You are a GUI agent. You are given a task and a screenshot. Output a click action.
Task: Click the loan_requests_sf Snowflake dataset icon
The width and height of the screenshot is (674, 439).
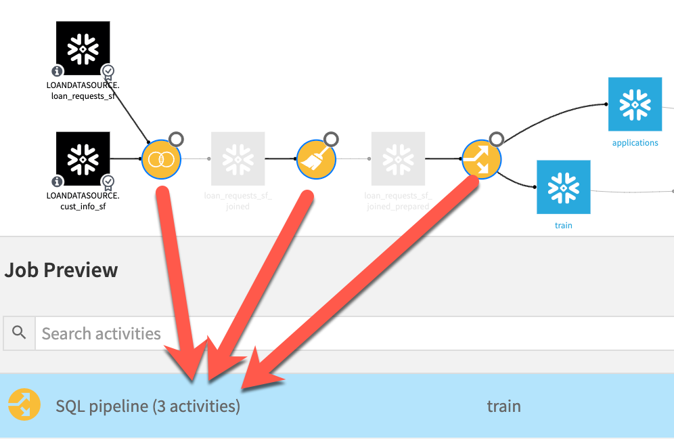[x=83, y=48]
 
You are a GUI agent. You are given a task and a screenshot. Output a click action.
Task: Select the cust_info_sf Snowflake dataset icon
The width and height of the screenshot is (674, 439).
[x=83, y=159]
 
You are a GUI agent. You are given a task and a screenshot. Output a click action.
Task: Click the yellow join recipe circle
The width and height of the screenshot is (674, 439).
[x=161, y=159]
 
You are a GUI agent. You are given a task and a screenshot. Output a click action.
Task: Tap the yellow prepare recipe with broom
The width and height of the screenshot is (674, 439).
[x=316, y=159]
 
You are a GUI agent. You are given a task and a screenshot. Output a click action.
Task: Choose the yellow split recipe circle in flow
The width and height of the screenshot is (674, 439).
[x=481, y=160]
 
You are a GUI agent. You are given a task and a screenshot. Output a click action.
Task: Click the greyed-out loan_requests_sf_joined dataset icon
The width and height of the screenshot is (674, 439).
[x=238, y=159]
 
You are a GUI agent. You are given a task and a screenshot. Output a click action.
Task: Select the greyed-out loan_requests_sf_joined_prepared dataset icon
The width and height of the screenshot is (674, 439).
[x=398, y=159]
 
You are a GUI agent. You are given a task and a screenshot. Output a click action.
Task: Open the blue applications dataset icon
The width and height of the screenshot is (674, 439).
[x=635, y=104]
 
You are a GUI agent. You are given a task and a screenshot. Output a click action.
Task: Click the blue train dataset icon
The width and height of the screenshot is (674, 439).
[x=563, y=187]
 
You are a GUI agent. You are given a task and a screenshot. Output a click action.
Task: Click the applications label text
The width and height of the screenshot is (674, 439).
[x=635, y=143]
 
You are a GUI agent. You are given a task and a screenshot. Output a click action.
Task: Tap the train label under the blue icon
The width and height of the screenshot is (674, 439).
[x=563, y=225]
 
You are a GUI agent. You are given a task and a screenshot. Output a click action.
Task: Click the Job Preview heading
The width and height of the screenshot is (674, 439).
[x=61, y=270]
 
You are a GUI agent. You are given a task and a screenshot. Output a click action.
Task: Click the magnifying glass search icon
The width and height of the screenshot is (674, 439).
[x=20, y=333]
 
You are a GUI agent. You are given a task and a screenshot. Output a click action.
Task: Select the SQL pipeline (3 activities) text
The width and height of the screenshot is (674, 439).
[x=148, y=406]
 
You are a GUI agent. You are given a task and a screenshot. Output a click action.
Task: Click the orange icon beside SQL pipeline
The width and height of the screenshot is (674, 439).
[x=24, y=406]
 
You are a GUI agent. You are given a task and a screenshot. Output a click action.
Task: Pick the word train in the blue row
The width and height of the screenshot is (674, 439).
[x=503, y=406]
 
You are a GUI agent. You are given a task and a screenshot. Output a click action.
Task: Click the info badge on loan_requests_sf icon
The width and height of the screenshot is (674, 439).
[x=58, y=70]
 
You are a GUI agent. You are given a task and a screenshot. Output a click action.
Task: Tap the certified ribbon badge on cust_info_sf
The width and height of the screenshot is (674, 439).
[x=108, y=182]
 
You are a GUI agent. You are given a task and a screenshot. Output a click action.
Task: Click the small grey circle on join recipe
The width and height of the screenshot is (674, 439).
[x=176, y=140]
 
